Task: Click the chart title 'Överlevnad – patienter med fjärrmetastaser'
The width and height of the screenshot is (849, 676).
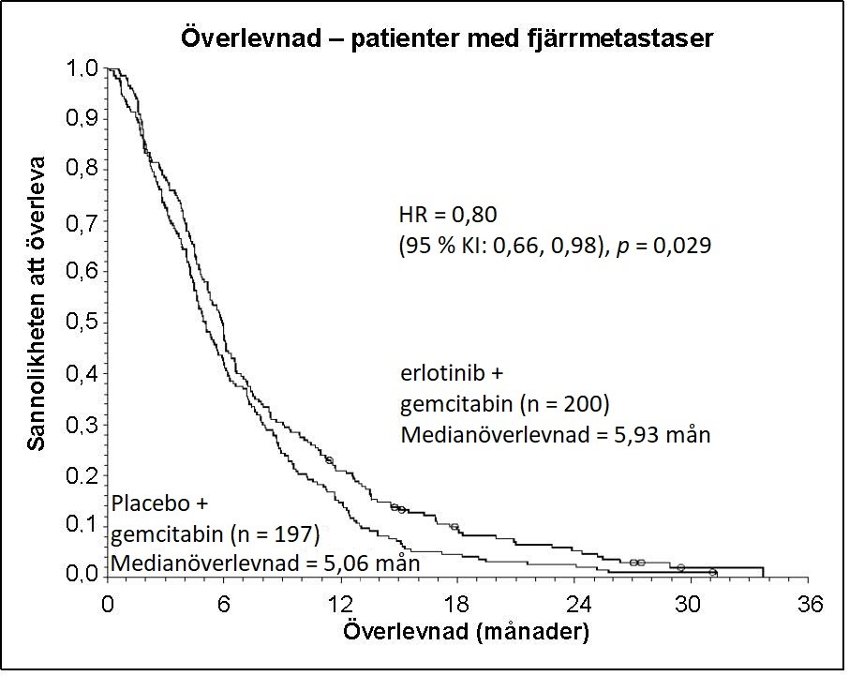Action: pyautogui.click(x=447, y=39)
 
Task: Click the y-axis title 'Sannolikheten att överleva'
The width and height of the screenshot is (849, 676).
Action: pyautogui.click(x=37, y=304)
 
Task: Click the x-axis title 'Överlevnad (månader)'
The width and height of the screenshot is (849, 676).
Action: pyautogui.click(x=466, y=632)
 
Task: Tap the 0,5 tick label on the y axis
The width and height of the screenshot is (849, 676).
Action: pyautogui.click(x=82, y=322)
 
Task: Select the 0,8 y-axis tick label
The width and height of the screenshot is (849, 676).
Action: pyautogui.click(x=82, y=169)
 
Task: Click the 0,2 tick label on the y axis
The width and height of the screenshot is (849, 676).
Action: pyautogui.click(x=82, y=475)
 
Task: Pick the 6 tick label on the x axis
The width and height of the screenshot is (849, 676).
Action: pyautogui.click(x=224, y=604)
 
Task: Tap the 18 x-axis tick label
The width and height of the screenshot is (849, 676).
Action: pyautogui.click(x=457, y=604)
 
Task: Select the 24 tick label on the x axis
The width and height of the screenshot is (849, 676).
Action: pyautogui.click(x=578, y=604)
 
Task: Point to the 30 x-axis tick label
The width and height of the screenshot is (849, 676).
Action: pyautogui.click(x=688, y=604)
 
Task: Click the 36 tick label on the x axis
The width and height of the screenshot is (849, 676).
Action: pyautogui.click(x=810, y=604)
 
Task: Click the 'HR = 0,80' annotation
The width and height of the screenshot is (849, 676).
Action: pyautogui.click(x=448, y=215)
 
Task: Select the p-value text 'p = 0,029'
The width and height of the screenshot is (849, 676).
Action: pyautogui.click(x=663, y=246)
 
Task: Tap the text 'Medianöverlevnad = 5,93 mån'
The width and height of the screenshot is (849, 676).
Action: pyautogui.click(x=556, y=435)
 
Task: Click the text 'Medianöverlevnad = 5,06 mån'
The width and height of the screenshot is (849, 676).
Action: pyautogui.click(x=265, y=563)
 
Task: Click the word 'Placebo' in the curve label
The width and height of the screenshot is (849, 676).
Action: pyautogui.click(x=151, y=503)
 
